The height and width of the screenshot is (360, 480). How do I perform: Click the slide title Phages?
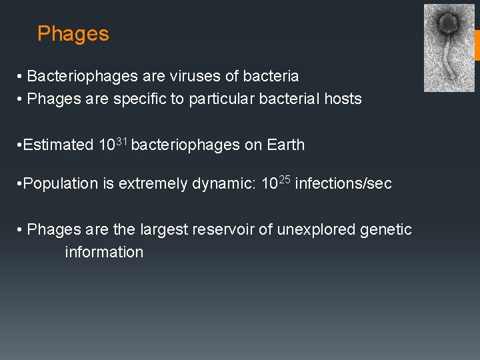point(73,34)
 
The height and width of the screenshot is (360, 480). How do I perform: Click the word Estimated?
point(59,145)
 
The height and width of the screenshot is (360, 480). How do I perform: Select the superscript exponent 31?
point(122,141)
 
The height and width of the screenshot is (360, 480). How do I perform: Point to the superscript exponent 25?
point(285,180)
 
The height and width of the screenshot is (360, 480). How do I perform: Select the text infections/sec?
point(343,184)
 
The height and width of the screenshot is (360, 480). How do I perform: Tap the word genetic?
point(386,230)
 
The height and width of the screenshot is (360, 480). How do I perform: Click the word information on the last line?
point(104,253)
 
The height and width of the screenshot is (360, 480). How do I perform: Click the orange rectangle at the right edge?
point(477,45)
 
